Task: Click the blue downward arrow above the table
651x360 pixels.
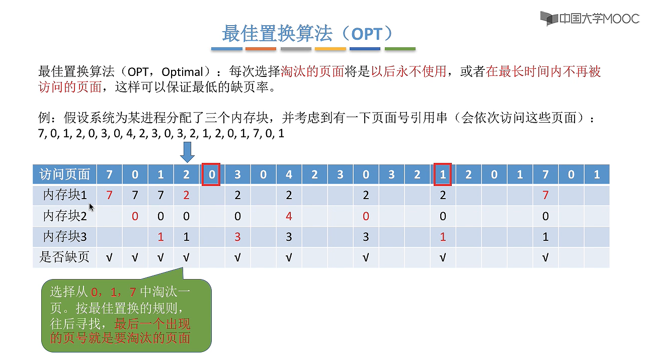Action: pyautogui.click(x=187, y=151)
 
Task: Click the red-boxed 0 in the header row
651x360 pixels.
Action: pyautogui.click(x=211, y=174)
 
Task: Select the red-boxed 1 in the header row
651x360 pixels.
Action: pyautogui.click(x=443, y=174)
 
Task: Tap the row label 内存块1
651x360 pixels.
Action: pyautogui.click(x=65, y=195)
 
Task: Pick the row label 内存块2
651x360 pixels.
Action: pyautogui.click(x=65, y=216)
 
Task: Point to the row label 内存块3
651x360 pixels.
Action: pyautogui.click(x=65, y=237)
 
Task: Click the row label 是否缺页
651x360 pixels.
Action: pyautogui.click(x=64, y=257)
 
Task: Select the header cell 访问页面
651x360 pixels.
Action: pyautogui.click(x=64, y=174)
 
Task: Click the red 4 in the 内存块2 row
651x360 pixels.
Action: pyautogui.click(x=289, y=216)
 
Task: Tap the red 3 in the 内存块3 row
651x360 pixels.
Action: pyautogui.click(x=237, y=237)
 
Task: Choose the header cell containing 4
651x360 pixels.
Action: pyautogui.click(x=289, y=174)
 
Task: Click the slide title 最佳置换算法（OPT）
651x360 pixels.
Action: pyautogui.click(x=307, y=34)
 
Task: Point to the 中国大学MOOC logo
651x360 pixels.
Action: pyautogui.click(x=590, y=19)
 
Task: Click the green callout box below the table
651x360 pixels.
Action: pyautogui.click(x=126, y=316)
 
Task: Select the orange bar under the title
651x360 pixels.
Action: pyautogui.click(x=261, y=49)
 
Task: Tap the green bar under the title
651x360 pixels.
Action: pyautogui.click(x=400, y=49)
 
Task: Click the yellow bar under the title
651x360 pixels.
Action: pyautogui.click(x=331, y=49)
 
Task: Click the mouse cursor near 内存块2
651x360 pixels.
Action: pyautogui.click(x=92, y=207)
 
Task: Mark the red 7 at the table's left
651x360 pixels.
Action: pyautogui.click(x=109, y=195)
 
